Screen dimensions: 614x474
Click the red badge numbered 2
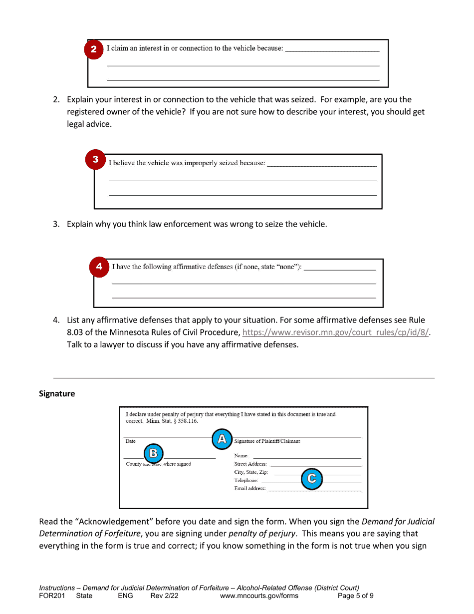coord(94,50)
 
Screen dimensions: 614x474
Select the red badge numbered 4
coord(99,267)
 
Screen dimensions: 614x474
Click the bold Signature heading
coord(57,394)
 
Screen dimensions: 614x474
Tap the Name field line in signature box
coord(306,456)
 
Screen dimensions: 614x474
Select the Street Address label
coord(250,464)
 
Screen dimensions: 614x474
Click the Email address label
coord(250,488)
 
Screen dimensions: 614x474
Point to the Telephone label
coord(246,480)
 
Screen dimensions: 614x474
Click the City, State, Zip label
coord(251,472)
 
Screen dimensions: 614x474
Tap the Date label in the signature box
coord(130,441)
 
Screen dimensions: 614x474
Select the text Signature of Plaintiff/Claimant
coord(267,441)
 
